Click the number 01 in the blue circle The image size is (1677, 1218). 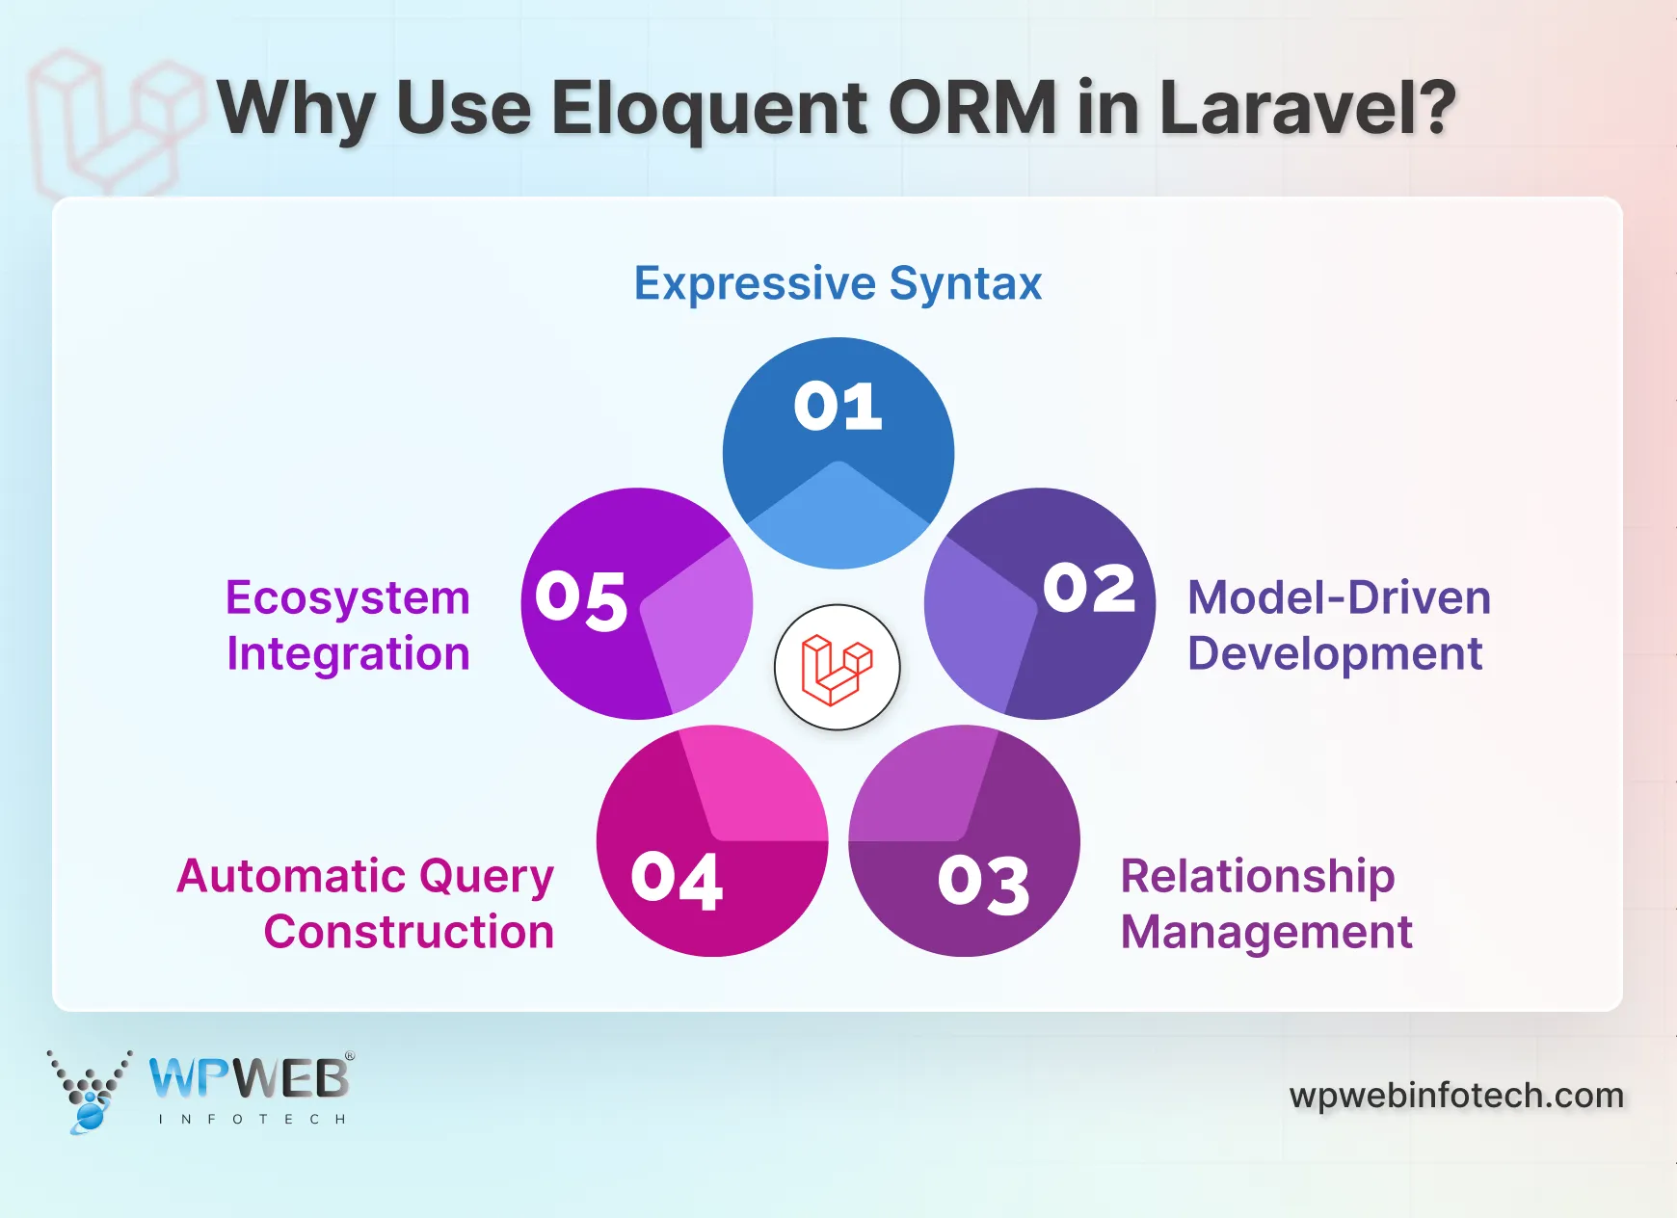click(x=838, y=407)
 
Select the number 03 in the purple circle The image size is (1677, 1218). click(x=983, y=884)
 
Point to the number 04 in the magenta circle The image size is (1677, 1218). click(x=677, y=880)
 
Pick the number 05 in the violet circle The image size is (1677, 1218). click(x=581, y=599)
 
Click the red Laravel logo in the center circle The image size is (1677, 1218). click(x=837, y=668)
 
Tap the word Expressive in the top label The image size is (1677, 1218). click(x=755, y=283)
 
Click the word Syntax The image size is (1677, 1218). click(x=965, y=283)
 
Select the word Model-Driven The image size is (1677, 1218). click(x=1339, y=597)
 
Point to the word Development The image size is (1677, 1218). click(x=1335, y=653)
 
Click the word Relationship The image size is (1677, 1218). click(x=1258, y=876)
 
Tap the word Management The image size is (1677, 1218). click(x=1266, y=932)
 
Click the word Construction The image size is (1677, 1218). click(x=409, y=932)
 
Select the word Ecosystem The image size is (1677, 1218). click(x=348, y=597)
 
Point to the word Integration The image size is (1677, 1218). click(x=348, y=653)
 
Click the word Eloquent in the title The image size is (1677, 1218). click(x=708, y=107)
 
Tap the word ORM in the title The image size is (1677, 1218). click(x=972, y=107)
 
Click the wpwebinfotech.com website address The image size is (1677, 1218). click(x=1456, y=1096)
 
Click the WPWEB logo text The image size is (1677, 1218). click(x=250, y=1079)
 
